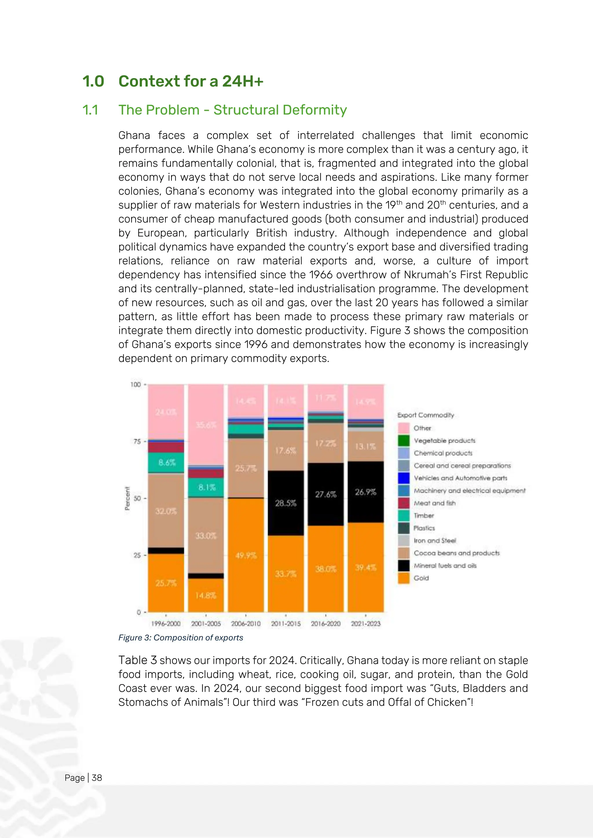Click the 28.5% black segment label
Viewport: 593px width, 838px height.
(285, 503)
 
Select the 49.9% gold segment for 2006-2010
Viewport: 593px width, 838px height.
(246, 556)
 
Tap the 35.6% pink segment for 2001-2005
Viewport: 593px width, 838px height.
(206, 425)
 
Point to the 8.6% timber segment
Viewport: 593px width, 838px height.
(166, 462)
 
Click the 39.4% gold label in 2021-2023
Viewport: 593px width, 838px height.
(365, 567)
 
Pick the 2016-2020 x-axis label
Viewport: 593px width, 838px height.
(325, 624)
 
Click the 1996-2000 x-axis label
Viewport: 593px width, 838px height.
(166, 624)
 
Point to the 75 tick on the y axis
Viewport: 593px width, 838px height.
(137, 442)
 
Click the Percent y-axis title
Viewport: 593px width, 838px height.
(127, 498)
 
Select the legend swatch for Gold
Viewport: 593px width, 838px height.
(403, 578)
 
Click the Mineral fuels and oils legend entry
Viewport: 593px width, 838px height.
(445, 566)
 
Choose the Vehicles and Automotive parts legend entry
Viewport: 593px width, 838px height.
(460, 478)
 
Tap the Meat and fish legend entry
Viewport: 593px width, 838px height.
(435, 503)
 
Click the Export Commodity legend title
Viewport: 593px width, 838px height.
(425, 415)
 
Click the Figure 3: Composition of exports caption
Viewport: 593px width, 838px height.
(180, 638)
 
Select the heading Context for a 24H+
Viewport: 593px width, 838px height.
(191, 81)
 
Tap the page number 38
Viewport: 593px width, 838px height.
(97, 778)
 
